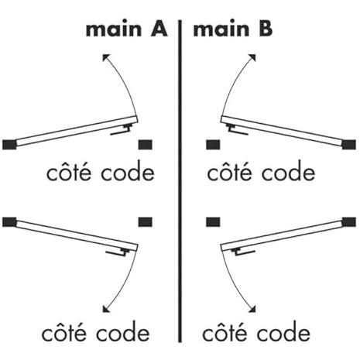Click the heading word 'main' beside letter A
pyautogui.click(x=114, y=29)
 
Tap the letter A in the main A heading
pyautogui.click(x=159, y=29)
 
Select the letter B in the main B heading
pyautogui.click(x=266, y=29)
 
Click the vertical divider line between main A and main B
pyautogui.click(x=180, y=181)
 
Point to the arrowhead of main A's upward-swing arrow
pyautogui.click(x=105, y=57)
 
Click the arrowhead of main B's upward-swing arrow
pyautogui.click(x=252, y=57)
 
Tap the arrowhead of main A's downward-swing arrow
pyautogui.click(x=105, y=309)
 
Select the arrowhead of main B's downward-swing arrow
pyautogui.click(x=252, y=309)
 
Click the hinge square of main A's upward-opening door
pyautogui.click(x=9, y=145)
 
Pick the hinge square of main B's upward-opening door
pyautogui.click(x=349, y=145)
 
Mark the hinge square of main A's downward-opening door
pyautogui.click(x=9, y=222)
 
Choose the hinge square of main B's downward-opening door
pyautogui.click(x=349, y=222)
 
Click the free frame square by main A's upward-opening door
pyautogui.click(x=146, y=145)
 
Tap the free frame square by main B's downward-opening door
pyautogui.click(x=213, y=222)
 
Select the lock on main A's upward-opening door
pyautogui.click(x=122, y=129)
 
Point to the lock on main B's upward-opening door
pyautogui.click(x=237, y=129)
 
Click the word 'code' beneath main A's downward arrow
pyautogui.click(x=123, y=332)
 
